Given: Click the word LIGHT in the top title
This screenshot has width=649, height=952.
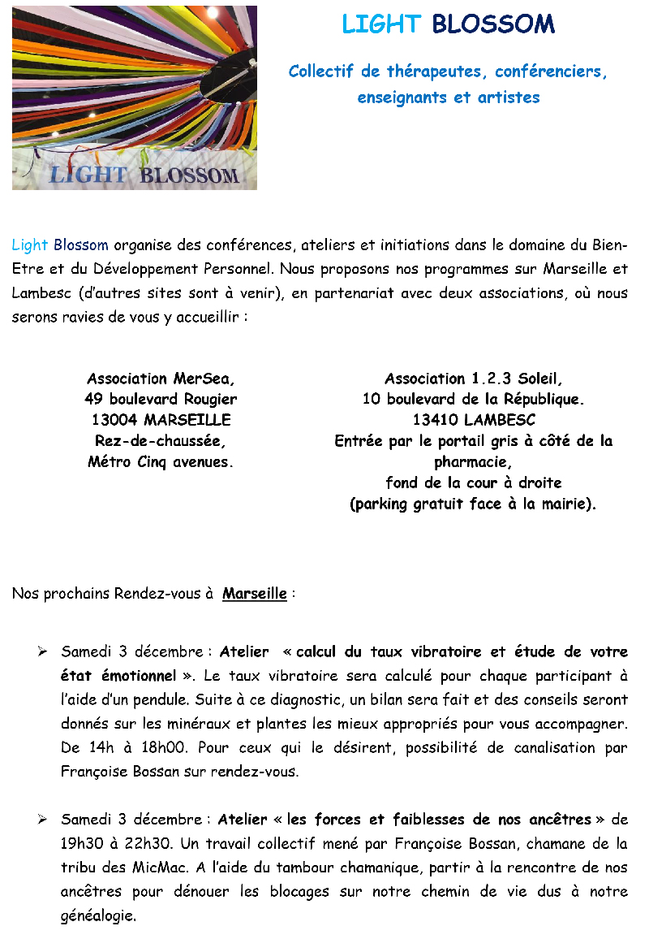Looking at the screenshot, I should point(380,24).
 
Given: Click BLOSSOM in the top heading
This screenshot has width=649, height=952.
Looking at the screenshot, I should point(493,24).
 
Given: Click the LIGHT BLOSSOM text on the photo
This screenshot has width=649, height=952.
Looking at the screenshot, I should point(144,174).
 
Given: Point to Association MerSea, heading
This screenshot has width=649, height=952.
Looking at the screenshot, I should point(161,379).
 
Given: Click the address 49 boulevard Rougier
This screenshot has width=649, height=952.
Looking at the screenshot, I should point(161,399).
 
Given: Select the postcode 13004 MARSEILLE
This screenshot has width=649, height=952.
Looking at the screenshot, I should point(161,420).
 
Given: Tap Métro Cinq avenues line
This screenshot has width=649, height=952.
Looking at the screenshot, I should point(161,462).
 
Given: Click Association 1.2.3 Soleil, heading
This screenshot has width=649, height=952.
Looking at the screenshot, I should point(473,379).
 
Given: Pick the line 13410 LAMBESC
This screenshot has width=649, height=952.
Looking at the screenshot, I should point(474,420).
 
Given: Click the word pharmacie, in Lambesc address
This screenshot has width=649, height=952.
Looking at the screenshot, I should point(473,462).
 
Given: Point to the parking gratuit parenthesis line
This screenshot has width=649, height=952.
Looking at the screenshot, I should point(473,504).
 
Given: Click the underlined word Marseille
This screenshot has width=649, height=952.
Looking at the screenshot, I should point(255,594).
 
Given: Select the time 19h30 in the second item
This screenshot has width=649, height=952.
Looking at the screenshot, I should point(80,844).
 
